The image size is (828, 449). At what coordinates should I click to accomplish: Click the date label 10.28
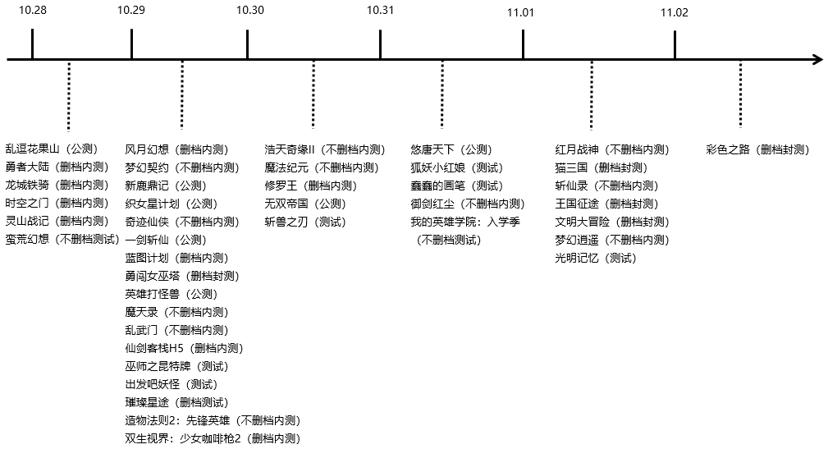[32, 11]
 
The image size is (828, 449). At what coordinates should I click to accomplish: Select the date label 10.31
[380, 11]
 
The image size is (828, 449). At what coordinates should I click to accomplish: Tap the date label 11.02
[674, 12]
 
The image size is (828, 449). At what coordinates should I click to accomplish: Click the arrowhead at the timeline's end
[817, 59]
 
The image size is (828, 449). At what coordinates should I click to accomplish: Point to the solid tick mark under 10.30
[248, 44]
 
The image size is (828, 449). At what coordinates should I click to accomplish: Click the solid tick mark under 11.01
[523, 44]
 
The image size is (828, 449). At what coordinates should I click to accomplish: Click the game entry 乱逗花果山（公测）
[51, 149]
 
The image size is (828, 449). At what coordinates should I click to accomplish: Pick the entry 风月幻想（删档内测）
[176, 149]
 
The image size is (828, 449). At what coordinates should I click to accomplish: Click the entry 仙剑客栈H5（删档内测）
[184, 348]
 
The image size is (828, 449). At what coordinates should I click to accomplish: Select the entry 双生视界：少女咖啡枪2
[213, 438]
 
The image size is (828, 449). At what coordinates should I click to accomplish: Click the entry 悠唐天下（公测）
[451, 149]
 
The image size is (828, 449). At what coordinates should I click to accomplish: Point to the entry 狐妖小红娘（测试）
[457, 167]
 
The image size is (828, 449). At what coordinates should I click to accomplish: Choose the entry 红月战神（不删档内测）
[612, 149]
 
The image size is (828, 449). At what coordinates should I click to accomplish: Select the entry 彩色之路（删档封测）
[757, 149]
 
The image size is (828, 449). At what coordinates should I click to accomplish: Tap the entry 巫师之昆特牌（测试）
[176, 366]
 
